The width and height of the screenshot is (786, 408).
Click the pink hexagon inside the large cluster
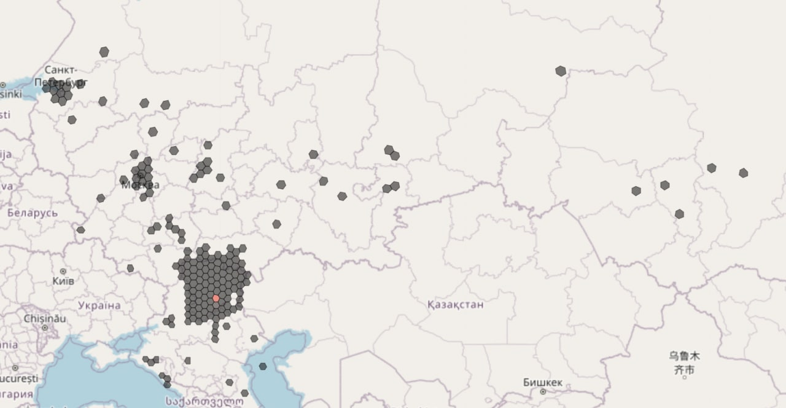[216, 299]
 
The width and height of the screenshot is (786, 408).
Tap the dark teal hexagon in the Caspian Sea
[263, 366]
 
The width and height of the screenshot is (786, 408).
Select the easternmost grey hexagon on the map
[744, 173]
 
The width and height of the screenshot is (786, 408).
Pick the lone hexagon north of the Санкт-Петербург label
[104, 52]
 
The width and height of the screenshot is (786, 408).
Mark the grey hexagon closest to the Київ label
[130, 269]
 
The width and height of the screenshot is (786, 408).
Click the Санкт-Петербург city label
[61, 76]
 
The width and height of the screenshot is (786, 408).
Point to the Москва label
[141, 184]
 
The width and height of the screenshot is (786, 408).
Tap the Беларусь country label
[33, 213]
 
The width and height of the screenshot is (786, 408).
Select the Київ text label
[63, 281]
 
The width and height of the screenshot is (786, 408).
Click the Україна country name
[99, 305]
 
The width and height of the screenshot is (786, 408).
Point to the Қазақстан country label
[455, 304]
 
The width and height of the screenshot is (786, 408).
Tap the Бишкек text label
[543, 382]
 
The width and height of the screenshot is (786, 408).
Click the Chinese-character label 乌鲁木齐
[684, 363]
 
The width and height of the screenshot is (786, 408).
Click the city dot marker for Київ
[63, 271]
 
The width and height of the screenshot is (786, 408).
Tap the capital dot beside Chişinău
[44, 328]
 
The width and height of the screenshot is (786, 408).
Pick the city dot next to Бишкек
[543, 391]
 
